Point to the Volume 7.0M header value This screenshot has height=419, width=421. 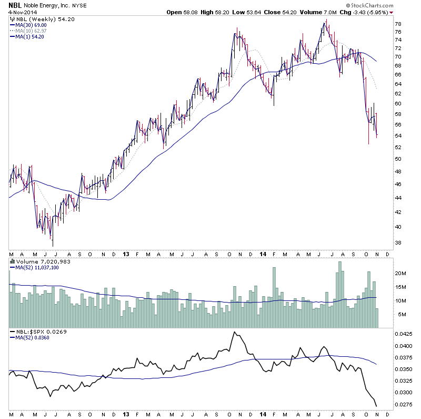(326, 12)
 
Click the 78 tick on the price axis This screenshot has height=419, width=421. (398, 24)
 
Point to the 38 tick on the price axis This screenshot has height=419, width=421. (398, 243)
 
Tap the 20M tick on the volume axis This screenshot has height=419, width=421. (400, 274)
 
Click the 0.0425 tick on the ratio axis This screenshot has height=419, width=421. (403, 334)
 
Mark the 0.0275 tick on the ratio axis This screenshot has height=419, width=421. (403, 405)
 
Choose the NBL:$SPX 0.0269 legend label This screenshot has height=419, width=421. (36, 332)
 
